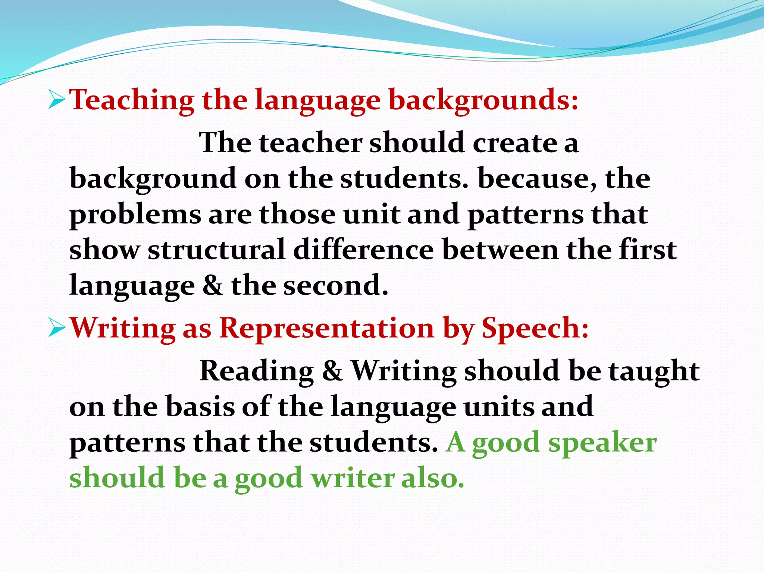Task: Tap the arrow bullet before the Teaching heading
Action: coord(57,100)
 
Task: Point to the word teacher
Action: coord(310,143)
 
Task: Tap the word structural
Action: coord(216,250)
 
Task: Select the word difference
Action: coord(363,250)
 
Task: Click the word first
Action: coord(648,250)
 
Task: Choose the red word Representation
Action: coord(327,328)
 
